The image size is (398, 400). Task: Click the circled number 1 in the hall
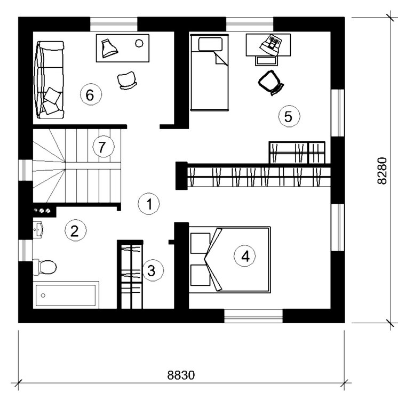pos(149,203)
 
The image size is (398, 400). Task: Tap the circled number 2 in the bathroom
pos(74,230)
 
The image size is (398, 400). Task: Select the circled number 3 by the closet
pos(152,270)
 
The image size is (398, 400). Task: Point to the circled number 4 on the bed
pos(245,257)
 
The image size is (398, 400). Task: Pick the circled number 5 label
pos(289,116)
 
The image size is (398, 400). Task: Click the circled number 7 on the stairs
pos(102,146)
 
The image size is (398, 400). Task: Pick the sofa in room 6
pos(49,80)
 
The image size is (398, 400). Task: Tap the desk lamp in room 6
pos(109,47)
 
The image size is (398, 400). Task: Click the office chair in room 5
pos(270,82)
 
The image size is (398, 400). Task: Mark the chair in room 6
pos(128,79)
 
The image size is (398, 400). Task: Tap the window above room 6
pos(113,25)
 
